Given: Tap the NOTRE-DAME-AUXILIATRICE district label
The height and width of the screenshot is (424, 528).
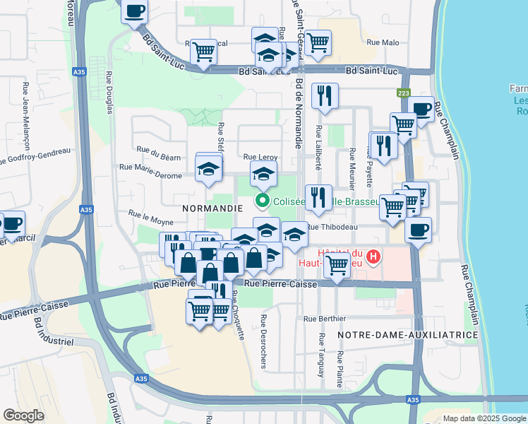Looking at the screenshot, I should tap(408, 334).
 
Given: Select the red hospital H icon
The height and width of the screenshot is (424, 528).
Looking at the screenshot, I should tap(375, 256).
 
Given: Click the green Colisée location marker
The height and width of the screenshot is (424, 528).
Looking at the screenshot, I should tap(263, 201).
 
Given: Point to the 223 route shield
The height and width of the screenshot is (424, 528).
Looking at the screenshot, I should tap(403, 93).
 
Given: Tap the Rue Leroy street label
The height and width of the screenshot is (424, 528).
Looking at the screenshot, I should tap(260, 157).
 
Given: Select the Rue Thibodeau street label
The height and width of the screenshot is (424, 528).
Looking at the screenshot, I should tap(332, 227).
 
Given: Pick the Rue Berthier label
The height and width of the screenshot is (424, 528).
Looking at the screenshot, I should tap(325, 319).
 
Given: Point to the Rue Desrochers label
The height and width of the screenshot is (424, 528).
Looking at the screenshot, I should tap(263, 341).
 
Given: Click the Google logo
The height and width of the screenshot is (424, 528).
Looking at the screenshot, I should tap(24, 415).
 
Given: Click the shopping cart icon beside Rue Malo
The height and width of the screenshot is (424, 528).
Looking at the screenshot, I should tap(318, 42).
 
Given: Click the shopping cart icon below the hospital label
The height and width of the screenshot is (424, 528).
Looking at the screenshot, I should tap(337, 266).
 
